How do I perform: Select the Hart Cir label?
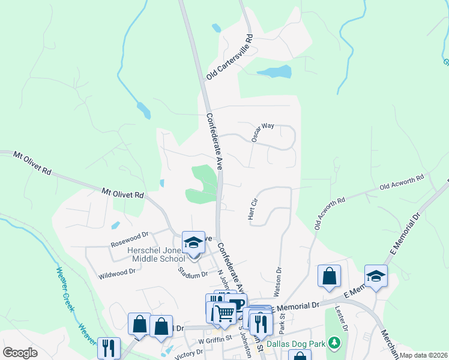(252, 208)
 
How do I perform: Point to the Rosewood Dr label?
(129, 240)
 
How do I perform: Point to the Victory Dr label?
(184, 354)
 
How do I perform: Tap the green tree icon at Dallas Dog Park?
(334, 344)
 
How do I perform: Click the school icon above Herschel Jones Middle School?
(193, 242)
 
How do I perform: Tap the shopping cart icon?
(224, 313)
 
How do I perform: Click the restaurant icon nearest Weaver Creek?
(109, 347)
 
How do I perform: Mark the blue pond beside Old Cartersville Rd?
(274, 72)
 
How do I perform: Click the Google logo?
(20, 353)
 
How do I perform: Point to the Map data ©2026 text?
(423, 355)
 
